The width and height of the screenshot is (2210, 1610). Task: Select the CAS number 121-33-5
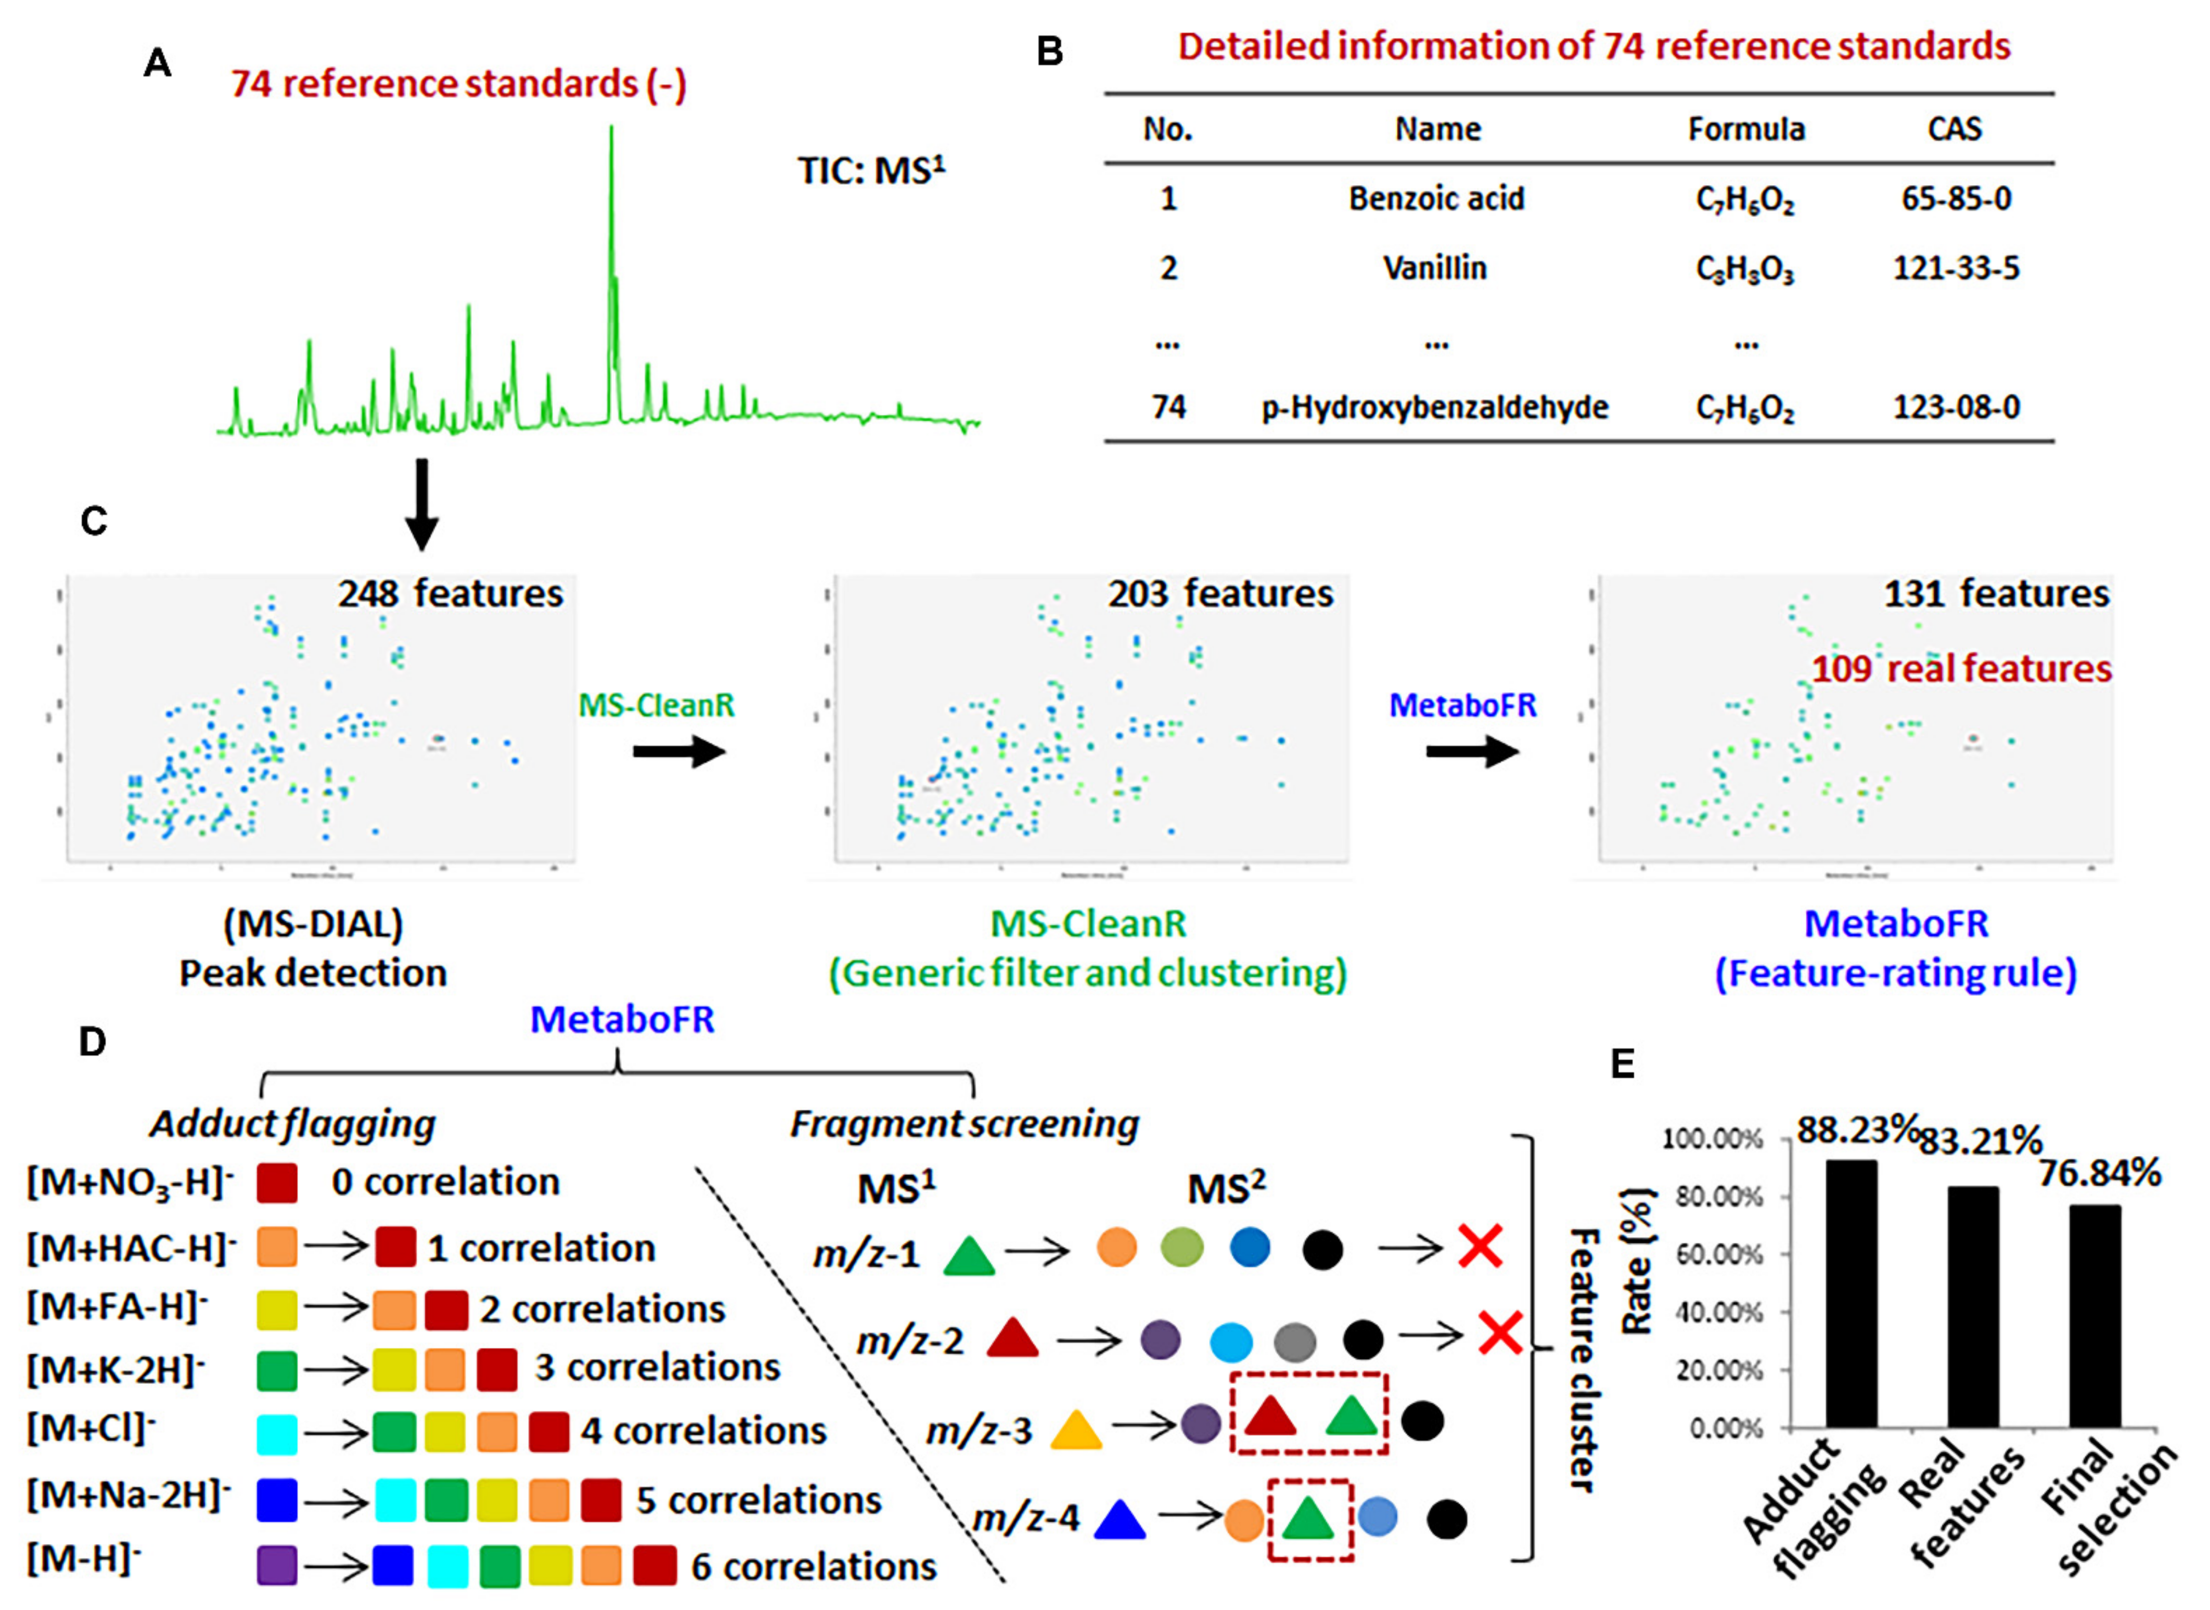[1956, 268]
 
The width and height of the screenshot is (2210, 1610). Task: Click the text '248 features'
[451, 593]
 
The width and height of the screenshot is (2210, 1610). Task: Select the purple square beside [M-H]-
[277, 1565]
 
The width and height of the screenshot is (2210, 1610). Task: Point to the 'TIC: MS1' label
[870, 171]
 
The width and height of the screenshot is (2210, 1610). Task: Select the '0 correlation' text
[445, 1182]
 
